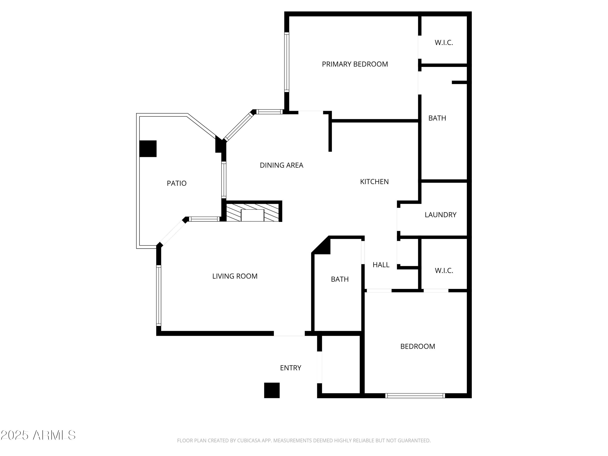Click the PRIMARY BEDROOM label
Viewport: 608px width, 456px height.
point(355,64)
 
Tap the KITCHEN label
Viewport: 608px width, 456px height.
point(374,182)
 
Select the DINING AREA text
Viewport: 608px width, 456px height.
point(282,165)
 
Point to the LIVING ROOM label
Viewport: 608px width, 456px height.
point(235,276)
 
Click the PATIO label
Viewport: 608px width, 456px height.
point(177,183)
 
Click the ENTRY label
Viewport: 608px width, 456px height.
point(291,368)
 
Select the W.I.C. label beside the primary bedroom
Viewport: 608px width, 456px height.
point(444,43)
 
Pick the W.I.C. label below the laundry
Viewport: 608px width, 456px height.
point(444,271)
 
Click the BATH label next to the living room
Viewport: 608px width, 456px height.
point(340,279)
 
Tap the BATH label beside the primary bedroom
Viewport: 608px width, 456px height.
point(437,118)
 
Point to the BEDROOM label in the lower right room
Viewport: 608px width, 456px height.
point(417,346)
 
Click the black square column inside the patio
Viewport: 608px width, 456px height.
point(148,149)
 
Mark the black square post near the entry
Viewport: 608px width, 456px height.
point(272,390)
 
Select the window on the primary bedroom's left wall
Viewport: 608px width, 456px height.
point(287,62)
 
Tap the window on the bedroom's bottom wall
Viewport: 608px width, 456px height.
point(415,396)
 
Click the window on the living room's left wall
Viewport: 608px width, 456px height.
point(159,295)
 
